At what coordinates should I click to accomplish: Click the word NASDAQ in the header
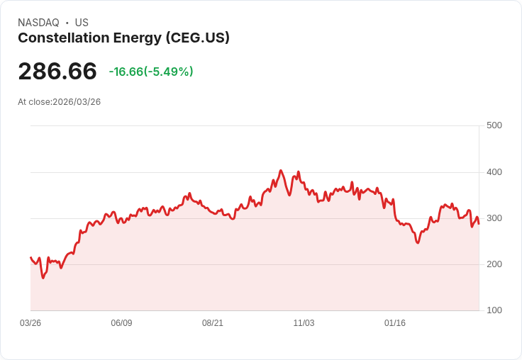[38, 23]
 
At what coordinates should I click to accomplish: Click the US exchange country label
[82, 23]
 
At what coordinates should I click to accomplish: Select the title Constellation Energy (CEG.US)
[123, 38]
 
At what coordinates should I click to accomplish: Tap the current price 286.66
[57, 72]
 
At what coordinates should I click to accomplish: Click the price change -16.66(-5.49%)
[151, 72]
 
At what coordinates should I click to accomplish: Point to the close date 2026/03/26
[77, 102]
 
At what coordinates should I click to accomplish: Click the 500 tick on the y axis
[494, 125]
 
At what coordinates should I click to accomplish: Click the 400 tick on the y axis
[494, 172]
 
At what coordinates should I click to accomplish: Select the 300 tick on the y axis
[494, 218]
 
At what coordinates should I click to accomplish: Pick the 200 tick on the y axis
[494, 264]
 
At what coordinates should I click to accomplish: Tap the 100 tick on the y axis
[494, 310]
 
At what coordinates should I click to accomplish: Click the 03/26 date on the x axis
[30, 323]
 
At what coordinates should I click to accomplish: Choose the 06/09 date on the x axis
[121, 323]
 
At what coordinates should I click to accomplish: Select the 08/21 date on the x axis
[213, 323]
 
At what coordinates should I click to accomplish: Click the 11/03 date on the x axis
[304, 323]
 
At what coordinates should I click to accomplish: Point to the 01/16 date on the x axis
[395, 323]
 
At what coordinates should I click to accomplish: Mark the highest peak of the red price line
[281, 170]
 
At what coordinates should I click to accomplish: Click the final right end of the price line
[479, 224]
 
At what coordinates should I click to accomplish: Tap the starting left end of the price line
[30, 257]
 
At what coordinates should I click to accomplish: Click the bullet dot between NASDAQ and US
[67, 23]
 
